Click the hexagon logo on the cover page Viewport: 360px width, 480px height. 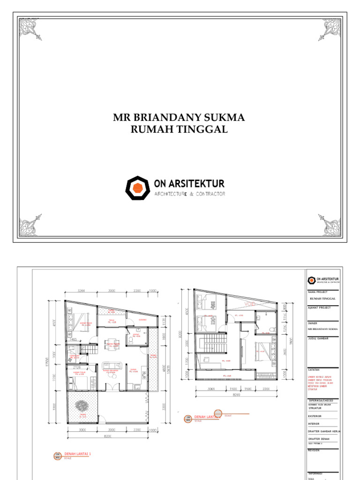tap(137, 188)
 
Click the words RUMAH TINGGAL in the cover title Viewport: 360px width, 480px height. tap(179, 130)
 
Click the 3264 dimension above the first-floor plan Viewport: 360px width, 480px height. tap(82, 291)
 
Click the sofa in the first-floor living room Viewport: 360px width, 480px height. tap(112, 366)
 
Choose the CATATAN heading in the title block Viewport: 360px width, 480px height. tap(314, 369)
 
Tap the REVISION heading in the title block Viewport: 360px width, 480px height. tap(314, 450)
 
